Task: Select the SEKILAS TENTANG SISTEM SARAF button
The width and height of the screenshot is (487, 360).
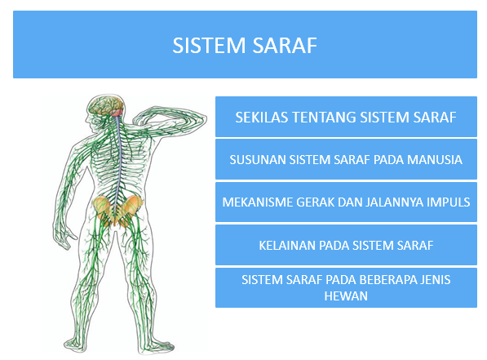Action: click(x=345, y=117)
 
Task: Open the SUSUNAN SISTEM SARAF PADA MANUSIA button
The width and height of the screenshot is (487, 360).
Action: click(x=345, y=159)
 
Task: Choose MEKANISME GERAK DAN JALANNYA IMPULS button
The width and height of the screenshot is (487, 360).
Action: click(x=345, y=202)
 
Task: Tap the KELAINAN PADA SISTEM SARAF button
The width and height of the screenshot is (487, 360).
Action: click(x=345, y=244)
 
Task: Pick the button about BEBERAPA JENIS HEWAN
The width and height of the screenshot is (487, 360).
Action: click(x=345, y=287)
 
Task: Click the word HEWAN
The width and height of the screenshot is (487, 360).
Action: click(x=346, y=296)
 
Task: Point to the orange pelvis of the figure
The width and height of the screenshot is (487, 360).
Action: click(x=113, y=209)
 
